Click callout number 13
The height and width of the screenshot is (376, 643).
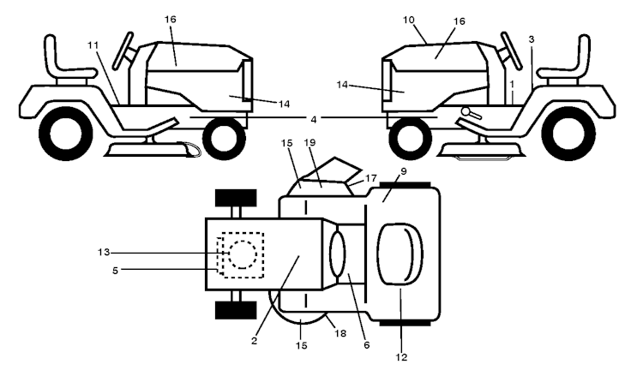[104, 253]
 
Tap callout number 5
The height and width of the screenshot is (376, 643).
[115, 271]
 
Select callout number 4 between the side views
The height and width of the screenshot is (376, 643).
[314, 120]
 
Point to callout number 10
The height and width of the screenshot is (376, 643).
[408, 20]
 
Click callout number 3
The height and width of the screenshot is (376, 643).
[532, 39]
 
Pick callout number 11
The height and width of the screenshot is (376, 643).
[93, 45]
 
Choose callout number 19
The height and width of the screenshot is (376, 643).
[310, 142]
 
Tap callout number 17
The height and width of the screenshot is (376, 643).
[370, 179]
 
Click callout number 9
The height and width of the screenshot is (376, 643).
[404, 171]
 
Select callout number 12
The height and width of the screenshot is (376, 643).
[401, 357]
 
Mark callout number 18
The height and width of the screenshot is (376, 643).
[340, 333]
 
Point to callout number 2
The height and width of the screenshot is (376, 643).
[255, 341]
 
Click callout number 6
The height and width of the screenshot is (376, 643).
[367, 345]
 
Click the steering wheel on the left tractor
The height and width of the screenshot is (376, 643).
[123, 50]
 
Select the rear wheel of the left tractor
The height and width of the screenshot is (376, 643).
[66, 133]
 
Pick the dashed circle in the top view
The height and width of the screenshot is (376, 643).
[243, 254]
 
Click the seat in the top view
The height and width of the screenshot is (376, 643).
[400, 254]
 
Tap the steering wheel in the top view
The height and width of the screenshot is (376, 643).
[338, 254]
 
